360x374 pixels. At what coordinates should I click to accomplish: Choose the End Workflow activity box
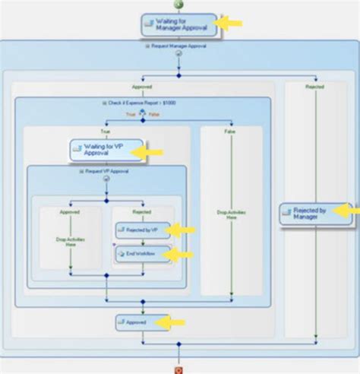(141, 254)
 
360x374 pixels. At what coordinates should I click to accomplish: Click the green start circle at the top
(179, 3)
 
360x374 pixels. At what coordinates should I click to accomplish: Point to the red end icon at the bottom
(179, 370)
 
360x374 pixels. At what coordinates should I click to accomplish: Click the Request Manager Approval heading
(179, 46)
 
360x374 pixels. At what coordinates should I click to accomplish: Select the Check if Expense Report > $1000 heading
(142, 103)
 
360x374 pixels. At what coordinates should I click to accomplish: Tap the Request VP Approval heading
(106, 172)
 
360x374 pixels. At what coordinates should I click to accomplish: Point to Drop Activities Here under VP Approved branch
(70, 240)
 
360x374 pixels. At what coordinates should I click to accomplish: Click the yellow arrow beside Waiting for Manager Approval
(229, 24)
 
